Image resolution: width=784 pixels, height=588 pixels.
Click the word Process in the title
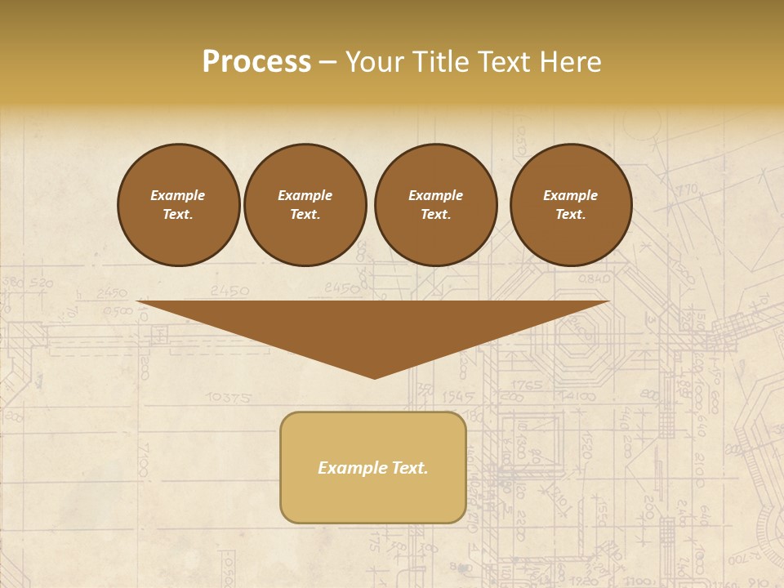256,62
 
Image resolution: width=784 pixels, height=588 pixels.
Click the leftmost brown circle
179,205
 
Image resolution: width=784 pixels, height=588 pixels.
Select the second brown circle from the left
305,205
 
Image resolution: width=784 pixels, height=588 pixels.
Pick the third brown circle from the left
435,205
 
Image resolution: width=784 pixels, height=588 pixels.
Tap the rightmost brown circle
571,205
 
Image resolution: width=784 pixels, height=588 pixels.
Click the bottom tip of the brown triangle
375,376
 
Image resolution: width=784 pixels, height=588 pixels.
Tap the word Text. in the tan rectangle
410,468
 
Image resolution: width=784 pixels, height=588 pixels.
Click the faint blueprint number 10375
228,398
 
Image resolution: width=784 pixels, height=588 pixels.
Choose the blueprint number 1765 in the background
528,385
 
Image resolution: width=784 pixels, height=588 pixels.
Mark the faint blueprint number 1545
458,396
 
